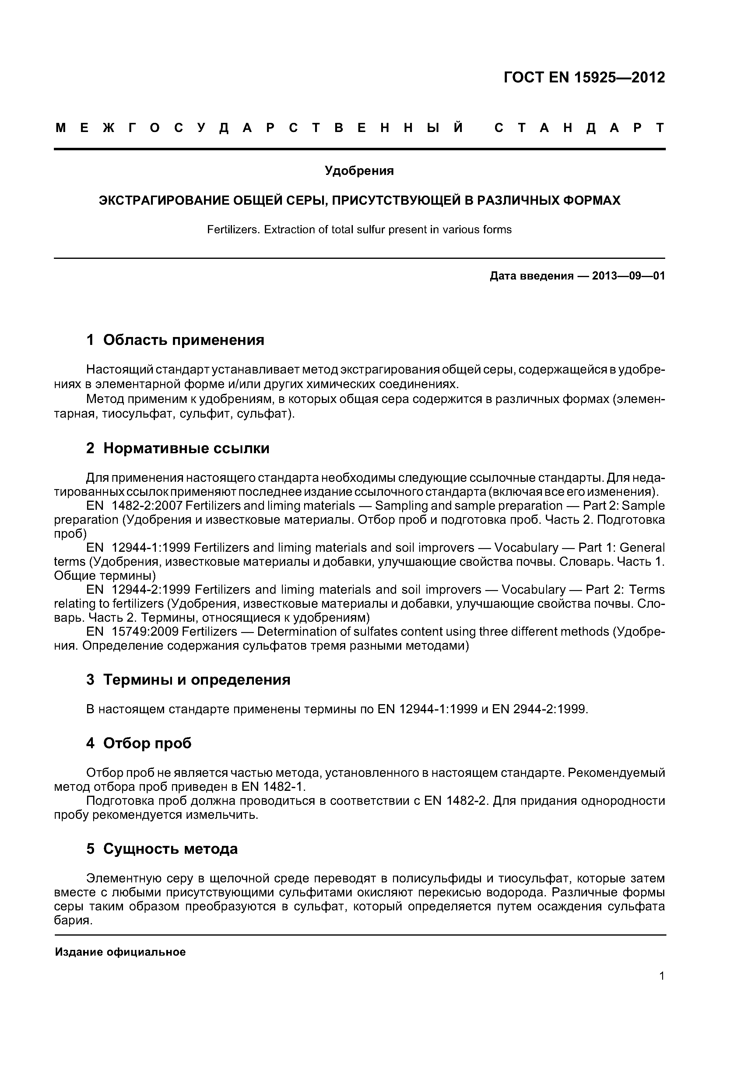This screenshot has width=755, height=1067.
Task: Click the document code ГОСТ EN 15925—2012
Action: tap(584, 78)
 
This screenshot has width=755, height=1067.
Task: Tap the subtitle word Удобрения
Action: tap(359, 171)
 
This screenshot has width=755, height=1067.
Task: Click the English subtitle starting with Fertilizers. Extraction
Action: tap(359, 230)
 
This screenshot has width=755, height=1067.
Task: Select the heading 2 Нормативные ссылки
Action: tap(178, 448)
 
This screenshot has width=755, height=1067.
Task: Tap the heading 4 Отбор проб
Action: tap(139, 744)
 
